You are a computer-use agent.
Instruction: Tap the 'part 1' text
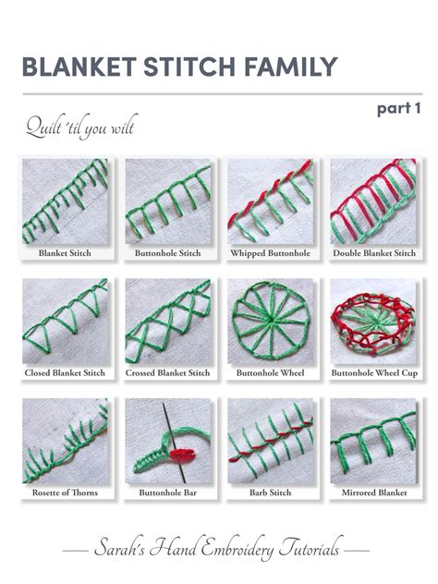coord(398,108)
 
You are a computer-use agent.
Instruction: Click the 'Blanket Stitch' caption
coord(65,252)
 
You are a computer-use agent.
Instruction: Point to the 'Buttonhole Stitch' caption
coord(167,252)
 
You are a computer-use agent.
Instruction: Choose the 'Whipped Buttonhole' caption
coord(270,252)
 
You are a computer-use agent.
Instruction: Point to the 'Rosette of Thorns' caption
coord(65,493)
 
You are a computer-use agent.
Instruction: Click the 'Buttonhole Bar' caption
coord(167,493)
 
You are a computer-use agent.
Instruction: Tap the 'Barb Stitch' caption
coord(270,493)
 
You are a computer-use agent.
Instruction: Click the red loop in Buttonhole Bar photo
coord(181,454)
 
